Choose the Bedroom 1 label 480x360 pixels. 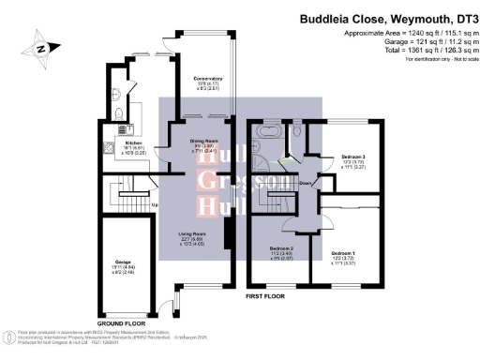[x=344, y=253]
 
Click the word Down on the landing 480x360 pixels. [x=306, y=183]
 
